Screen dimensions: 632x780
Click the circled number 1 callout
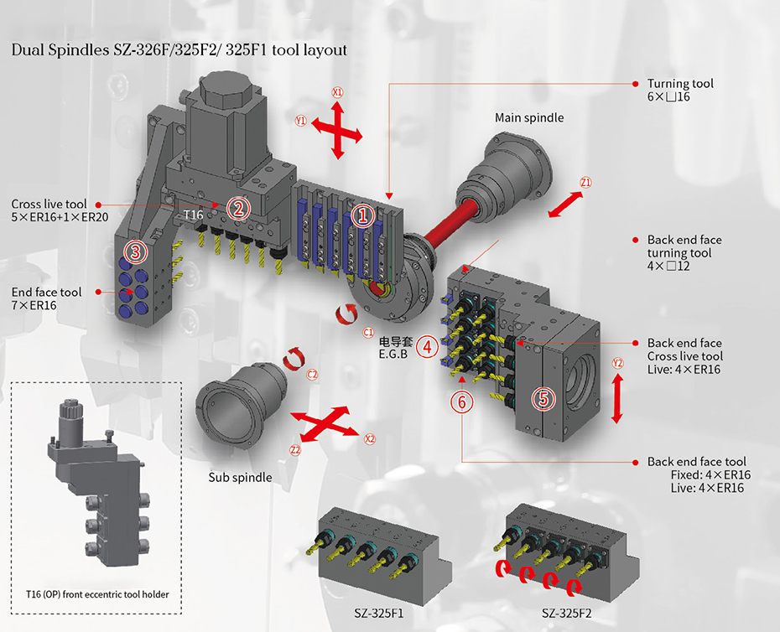[x=363, y=216]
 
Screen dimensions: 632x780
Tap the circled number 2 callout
[x=239, y=207]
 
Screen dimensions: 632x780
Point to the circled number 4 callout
[x=427, y=344]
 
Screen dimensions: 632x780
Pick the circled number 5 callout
[x=544, y=399]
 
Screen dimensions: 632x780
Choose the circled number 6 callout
[x=461, y=401]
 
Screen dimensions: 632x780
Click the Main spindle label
[x=529, y=118]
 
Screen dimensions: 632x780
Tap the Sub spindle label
[x=240, y=477]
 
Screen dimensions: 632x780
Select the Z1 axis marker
[x=585, y=183]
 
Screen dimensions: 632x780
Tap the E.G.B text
[x=393, y=355]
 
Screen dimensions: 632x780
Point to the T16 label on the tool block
[x=194, y=215]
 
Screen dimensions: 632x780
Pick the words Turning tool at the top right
[x=680, y=84]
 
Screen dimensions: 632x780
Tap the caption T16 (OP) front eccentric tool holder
[x=96, y=594]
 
